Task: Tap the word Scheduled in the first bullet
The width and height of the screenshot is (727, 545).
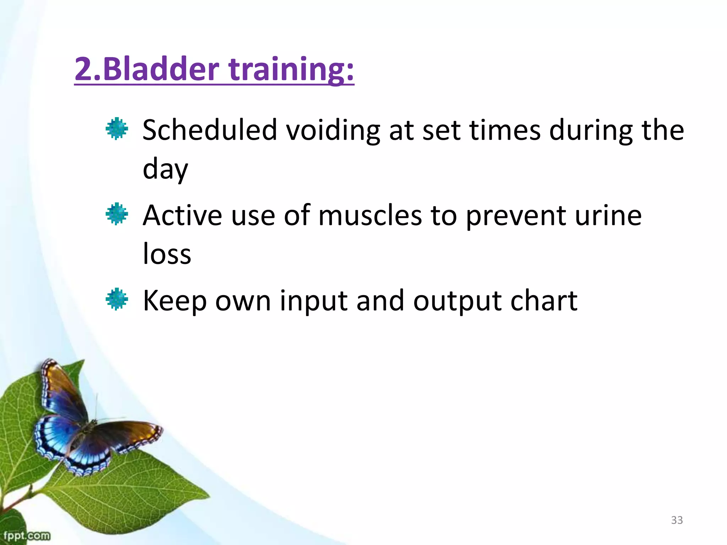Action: (209, 130)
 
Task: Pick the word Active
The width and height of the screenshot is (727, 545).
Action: (182, 216)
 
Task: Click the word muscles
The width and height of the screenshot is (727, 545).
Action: (370, 216)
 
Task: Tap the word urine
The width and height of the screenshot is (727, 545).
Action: (608, 216)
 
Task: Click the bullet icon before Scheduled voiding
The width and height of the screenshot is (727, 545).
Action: (117, 128)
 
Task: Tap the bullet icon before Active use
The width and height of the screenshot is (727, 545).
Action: (117, 214)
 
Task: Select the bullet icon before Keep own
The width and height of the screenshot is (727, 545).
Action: (117, 299)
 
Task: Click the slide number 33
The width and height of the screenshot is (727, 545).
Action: (677, 520)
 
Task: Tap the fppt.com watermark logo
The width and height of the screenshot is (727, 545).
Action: (26, 535)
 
